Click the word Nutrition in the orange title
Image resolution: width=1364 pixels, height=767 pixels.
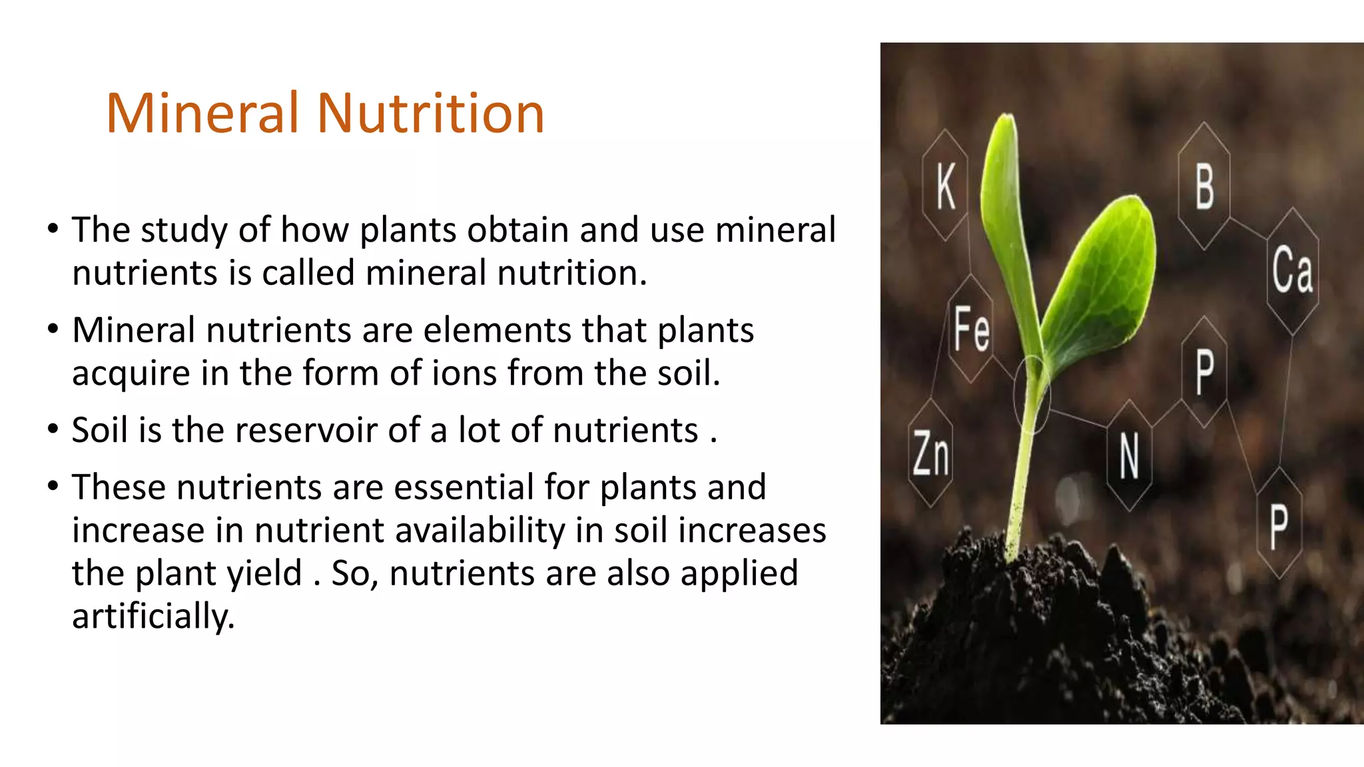(x=431, y=113)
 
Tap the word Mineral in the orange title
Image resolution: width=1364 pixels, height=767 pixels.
(x=202, y=113)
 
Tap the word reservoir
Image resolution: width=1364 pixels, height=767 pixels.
(x=275, y=430)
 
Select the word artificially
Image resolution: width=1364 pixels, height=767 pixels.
(x=153, y=617)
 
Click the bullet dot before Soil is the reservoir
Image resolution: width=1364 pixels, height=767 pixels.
(x=53, y=429)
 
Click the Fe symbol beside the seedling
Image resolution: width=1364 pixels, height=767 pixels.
(x=971, y=328)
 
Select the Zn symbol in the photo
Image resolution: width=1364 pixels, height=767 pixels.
(x=931, y=453)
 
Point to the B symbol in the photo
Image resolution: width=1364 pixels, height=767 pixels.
(x=1204, y=187)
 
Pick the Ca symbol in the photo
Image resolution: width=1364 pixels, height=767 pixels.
(x=1292, y=270)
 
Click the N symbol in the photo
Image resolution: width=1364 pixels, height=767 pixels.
(x=1129, y=456)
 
